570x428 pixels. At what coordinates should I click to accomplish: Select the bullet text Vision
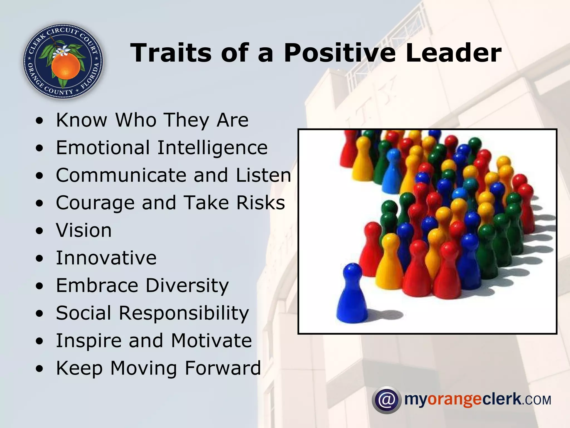[x=84, y=230]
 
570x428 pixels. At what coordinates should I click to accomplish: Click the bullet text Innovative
[x=106, y=258]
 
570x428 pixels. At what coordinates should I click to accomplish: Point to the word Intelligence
[x=212, y=148]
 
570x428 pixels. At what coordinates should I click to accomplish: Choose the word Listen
[x=263, y=175]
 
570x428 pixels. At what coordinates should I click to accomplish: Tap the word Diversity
[x=187, y=286]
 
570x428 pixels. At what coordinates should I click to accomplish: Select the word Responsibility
[x=184, y=313]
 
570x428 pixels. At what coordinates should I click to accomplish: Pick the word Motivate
[x=211, y=341]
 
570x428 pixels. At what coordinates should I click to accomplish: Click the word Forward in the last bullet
[x=223, y=368]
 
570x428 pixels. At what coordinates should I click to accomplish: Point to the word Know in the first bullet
[x=82, y=120]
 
